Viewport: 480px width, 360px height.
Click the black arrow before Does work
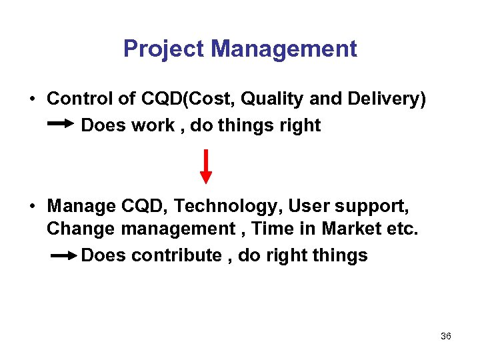[62, 124]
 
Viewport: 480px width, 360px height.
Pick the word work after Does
[153, 125]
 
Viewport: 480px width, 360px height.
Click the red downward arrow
[207, 166]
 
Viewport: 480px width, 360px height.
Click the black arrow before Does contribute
[63, 255]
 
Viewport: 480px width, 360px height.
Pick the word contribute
[177, 255]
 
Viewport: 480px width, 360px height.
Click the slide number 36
[446, 337]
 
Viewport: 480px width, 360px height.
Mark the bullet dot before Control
[33, 99]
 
